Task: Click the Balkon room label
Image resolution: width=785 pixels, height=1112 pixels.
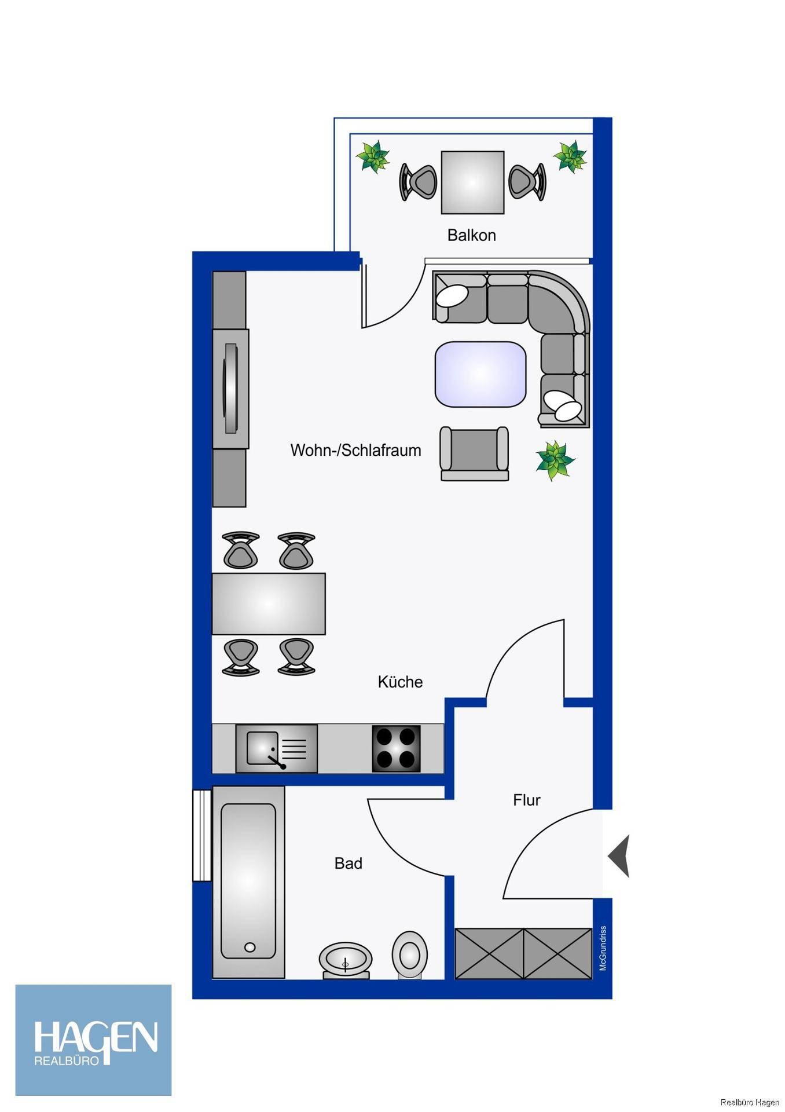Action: click(471, 235)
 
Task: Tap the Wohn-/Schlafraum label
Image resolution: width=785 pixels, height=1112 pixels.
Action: click(355, 450)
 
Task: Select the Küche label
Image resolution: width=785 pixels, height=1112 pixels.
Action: click(400, 682)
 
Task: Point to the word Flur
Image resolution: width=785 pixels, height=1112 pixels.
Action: click(526, 800)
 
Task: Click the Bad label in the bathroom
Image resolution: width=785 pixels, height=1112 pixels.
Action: click(348, 863)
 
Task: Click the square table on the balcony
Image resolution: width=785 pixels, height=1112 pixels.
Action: click(472, 182)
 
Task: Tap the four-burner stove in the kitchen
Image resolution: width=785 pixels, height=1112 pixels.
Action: click(396, 748)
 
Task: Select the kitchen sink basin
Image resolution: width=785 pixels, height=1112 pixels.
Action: click(262, 748)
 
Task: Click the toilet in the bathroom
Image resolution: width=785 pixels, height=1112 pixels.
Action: click(410, 954)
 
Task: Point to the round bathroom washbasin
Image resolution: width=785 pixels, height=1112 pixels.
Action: click(346, 960)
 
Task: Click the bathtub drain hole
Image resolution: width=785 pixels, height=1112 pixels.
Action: click(250, 948)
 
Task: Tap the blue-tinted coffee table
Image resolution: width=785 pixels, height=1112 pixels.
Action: click(480, 374)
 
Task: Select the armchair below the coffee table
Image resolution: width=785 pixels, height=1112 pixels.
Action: click(474, 453)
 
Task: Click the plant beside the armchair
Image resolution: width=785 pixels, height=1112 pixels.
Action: click(555, 460)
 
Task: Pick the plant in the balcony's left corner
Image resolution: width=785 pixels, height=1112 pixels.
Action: click(372, 156)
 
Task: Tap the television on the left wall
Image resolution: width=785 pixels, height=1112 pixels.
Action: click(231, 388)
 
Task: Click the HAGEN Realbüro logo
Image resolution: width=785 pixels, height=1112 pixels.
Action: click(93, 1040)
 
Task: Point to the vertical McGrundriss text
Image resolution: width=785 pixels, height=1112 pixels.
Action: click(603, 948)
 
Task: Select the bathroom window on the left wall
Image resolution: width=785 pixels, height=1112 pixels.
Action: click(202, 835)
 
